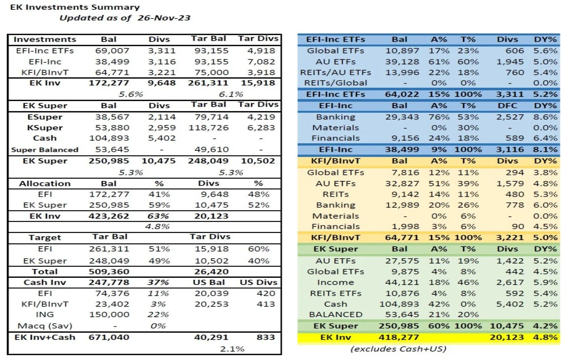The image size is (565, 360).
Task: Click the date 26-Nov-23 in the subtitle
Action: tap(164, 18)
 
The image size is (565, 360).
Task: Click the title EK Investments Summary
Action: tap(75, 7)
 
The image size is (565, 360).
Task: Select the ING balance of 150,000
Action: tap(109, 314)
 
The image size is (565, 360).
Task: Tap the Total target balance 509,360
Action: tap(109, 271)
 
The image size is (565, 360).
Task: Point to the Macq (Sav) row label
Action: tap(45, 326)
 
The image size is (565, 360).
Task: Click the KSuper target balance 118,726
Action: tap(209, 128)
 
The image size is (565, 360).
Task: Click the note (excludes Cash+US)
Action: tap(399, 349)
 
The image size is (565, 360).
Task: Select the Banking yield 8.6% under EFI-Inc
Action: tap(545, 117)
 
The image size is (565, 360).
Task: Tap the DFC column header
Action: tap(507, 106)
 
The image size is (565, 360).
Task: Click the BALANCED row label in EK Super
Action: tap(336, 314)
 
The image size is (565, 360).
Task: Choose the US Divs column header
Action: tap(258, 282)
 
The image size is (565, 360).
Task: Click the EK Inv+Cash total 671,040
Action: tap(109, 337)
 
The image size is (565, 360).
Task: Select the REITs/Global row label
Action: tap(336, 83)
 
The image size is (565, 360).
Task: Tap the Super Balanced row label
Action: tap(45, 150)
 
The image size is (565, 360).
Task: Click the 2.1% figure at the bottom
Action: tap(232, 349)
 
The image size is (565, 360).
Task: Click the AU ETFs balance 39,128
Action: tap(402, 61)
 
